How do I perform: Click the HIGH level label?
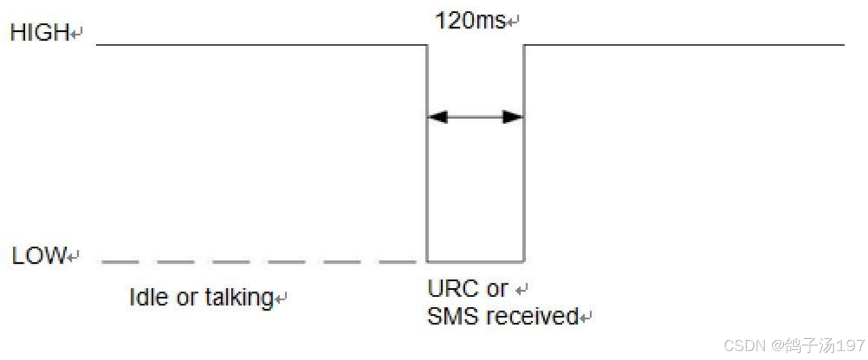point(40,33)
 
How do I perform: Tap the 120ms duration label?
point(470,21)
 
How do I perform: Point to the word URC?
point(448,289)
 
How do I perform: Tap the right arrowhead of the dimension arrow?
point(513,117)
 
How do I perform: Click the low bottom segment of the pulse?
point(475,261)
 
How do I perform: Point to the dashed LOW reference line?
point(258,261)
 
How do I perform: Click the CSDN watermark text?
point(745,346)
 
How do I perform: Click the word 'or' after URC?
point(497,289)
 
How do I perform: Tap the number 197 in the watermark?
point(850,346)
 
